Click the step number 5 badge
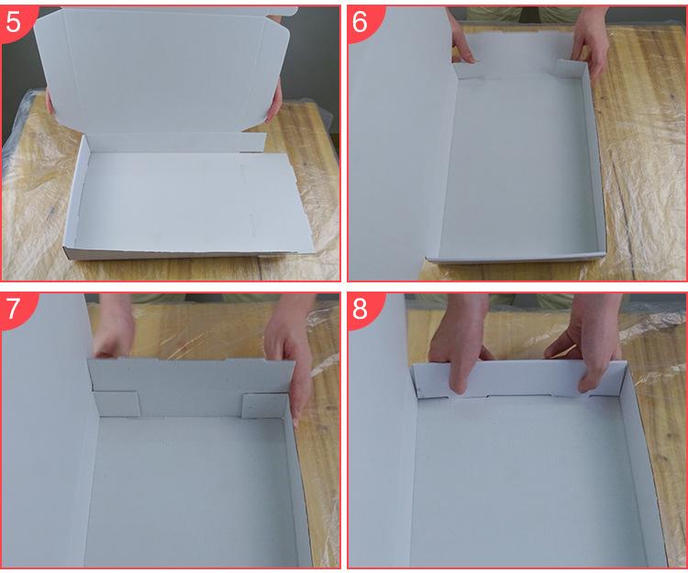point(16,22)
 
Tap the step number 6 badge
point(362,22)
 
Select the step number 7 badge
point(16,310)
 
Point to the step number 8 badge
point(362,310)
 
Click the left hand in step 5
point(50,101)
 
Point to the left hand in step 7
point(114,326)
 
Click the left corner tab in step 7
point(117,403)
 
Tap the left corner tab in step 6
point(469,71)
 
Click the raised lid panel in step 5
point(162,71)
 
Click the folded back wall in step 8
point(517,380)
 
